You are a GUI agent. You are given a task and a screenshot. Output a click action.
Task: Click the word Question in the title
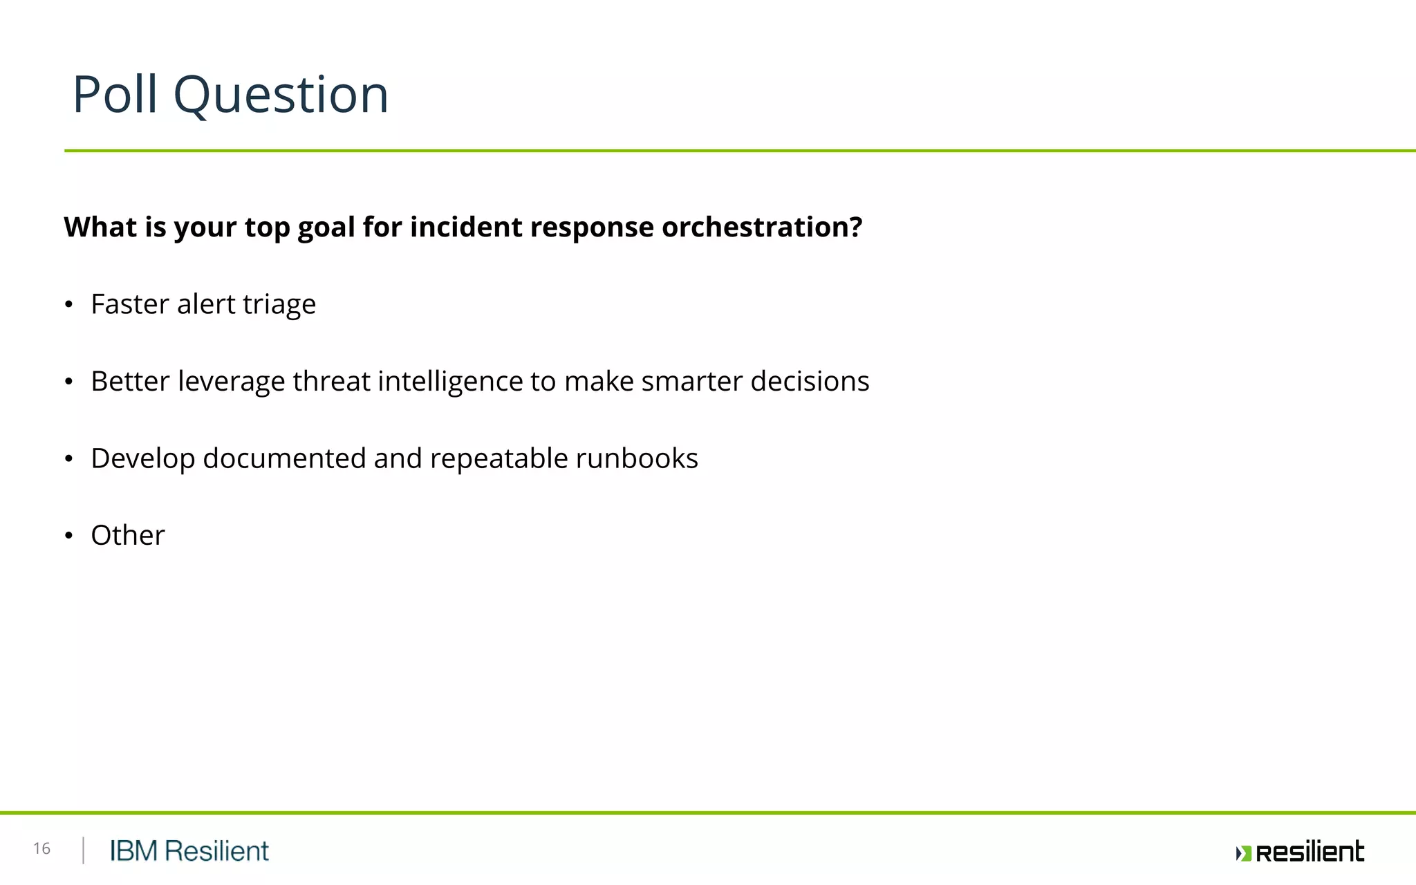281,95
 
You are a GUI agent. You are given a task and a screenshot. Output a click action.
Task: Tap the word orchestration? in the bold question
762,227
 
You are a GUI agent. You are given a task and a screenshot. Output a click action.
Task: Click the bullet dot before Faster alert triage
68,305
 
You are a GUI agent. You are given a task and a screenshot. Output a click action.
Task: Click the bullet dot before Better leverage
68,382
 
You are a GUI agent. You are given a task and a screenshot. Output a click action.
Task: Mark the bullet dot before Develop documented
68,458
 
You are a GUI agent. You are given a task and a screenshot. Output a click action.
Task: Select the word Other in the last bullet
128,535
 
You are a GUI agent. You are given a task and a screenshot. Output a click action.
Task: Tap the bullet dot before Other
68,536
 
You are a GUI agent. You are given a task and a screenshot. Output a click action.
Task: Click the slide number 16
41,848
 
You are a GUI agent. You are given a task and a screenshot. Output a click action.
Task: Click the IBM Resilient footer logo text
189,851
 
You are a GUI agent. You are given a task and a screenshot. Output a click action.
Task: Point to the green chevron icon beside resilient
1243,853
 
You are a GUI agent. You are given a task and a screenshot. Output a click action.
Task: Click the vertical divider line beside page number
83,850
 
